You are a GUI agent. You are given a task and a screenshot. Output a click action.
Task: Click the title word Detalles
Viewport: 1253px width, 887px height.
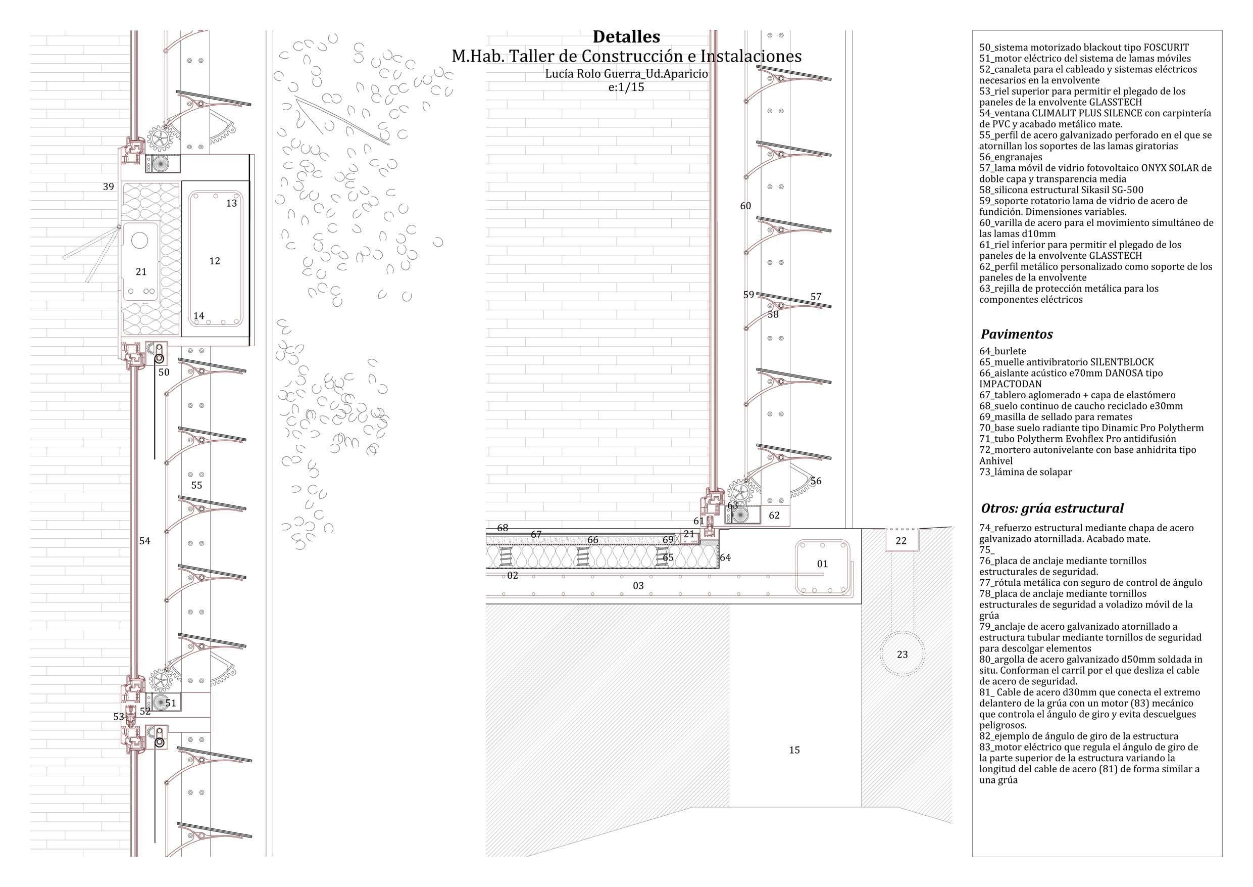[x=626, y=37]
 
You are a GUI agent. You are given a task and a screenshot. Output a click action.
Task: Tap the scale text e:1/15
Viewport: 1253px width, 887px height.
[x=626, y=87]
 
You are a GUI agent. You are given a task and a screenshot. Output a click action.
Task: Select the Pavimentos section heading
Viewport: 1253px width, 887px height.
[x=1016, y=334]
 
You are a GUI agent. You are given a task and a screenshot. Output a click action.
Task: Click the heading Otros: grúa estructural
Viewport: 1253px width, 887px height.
[x=1051, y=508]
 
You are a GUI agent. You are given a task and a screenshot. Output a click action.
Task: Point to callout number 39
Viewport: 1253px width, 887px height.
[x=109, y=187]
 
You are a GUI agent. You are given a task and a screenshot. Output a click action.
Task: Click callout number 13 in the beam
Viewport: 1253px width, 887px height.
[x=231, y=203]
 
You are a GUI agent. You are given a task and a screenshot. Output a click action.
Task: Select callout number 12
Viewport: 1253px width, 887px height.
[x=215, y=261]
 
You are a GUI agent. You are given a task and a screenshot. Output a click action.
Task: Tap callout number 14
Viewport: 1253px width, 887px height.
[x=198, y=316]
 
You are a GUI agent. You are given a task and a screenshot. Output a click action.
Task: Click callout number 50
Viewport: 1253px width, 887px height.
[x=164, y=372]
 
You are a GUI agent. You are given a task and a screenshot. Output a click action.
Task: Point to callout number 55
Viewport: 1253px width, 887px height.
[x=196, y=485]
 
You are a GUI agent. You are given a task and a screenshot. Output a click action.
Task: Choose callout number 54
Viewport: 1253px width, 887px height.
[x=144, y=541]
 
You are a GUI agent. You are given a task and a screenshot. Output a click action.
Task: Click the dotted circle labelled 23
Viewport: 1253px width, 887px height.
[x=902, y=654]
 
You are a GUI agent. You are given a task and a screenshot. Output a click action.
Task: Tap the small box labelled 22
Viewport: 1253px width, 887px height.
[x=901, y=541]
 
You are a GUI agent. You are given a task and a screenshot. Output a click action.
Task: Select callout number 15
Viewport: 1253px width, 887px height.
[x=794, y=750]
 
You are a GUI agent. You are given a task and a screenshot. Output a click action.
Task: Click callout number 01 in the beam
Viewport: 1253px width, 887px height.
[x=822, y=564]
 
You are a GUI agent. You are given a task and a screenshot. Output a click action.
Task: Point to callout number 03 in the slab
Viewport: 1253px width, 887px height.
[x=638, y=585]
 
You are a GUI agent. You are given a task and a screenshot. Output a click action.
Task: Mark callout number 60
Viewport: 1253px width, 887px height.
[x=745, y=206]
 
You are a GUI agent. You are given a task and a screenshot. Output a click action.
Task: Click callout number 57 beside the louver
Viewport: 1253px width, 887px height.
[x=815, y=297]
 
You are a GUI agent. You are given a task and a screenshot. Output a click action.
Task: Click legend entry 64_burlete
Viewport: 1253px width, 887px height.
[x=1002, y=351]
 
